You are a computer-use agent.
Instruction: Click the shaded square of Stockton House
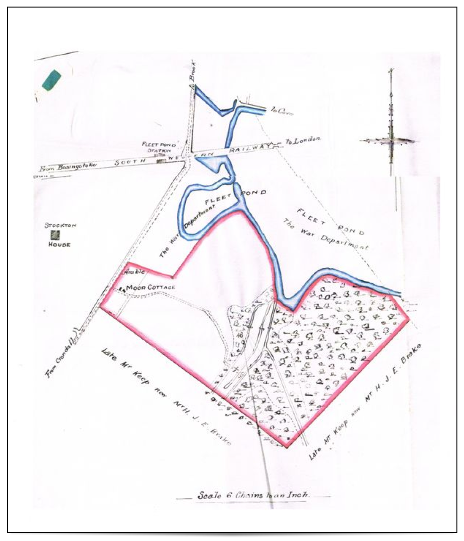click(x=56, y=234)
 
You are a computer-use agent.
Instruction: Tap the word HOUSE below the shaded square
click(x=59, y=245)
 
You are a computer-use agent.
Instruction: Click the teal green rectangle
click(x=51, y=80)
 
